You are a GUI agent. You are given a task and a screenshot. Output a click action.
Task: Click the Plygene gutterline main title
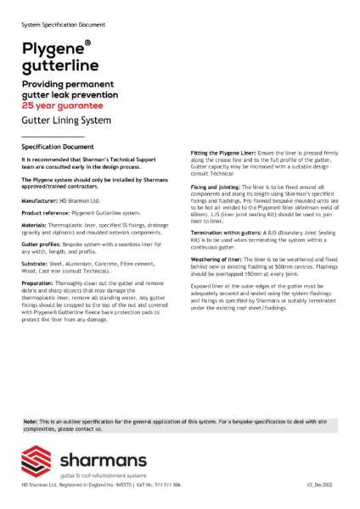(x=60, y=56)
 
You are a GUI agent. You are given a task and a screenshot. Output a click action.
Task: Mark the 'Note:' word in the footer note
(x=30, y=422)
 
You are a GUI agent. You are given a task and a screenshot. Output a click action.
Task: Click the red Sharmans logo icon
(x=38, y=462)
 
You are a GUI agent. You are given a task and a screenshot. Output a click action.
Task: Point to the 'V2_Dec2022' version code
(x=323, y=484)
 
